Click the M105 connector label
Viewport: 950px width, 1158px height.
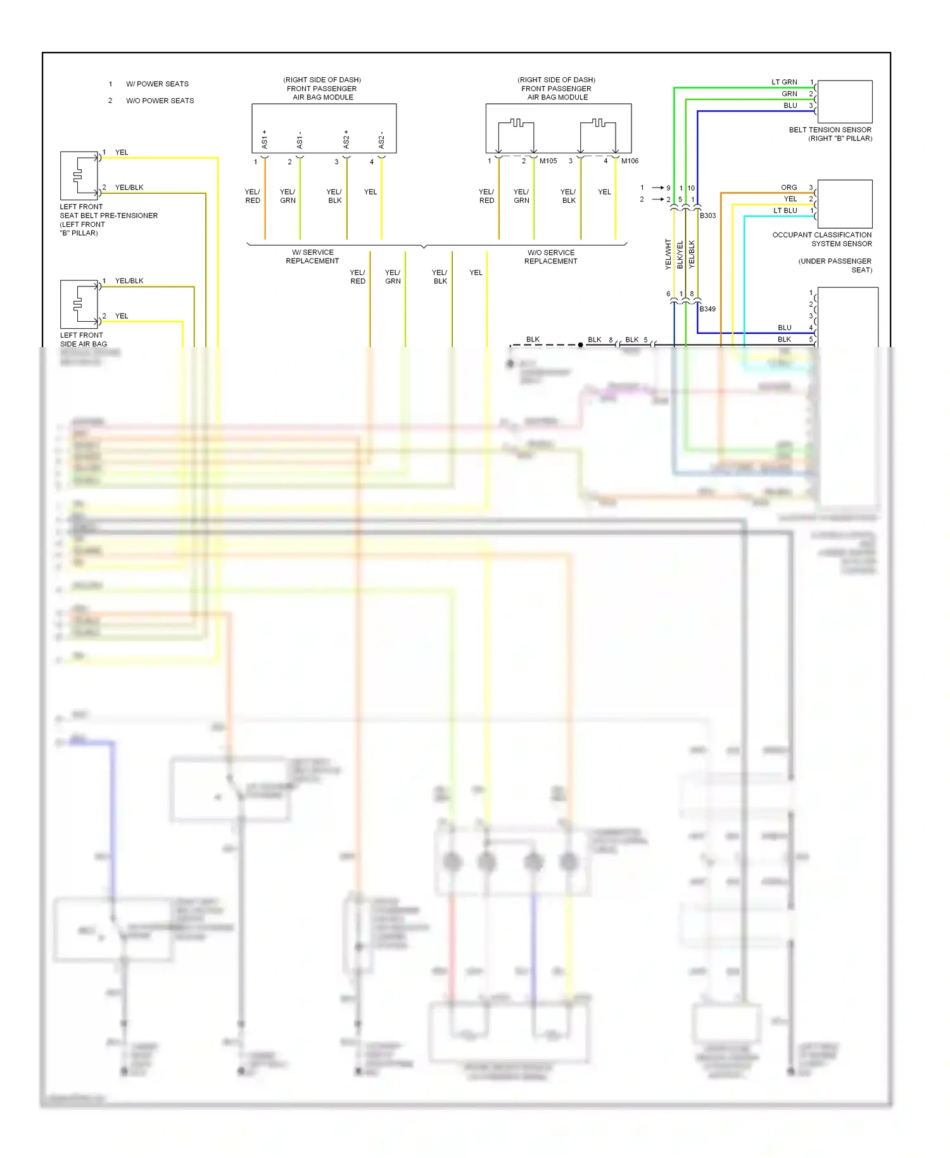pos(548,161)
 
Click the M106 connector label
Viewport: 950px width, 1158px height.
pos(630,161)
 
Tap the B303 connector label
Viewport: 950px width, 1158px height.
pos(707,215)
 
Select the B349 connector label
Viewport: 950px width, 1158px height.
pos(707,309)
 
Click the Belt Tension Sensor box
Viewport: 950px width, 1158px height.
pos(845,101)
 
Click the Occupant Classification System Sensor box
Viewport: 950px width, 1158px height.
pos(845,204)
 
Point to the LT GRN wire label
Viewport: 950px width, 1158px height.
pos(784,82)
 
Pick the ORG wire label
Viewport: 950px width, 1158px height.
pos(788,188)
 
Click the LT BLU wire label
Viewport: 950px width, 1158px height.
pos(785,210)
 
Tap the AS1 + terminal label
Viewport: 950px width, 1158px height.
pos(265,139)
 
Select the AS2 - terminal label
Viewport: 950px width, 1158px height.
pos(381,139)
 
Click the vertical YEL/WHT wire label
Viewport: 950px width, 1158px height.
pos(668,254)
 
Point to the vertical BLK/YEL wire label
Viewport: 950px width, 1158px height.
pos(680,254)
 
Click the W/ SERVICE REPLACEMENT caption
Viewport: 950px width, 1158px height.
pos(312,257)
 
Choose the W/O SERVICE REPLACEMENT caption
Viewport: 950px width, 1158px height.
pos(550,257)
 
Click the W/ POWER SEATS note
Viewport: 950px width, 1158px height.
pos(157,84)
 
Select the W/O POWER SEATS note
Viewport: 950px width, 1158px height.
pos(160,101)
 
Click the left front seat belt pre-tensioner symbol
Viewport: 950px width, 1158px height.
pos(79,175)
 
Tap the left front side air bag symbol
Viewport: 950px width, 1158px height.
pos(79,304)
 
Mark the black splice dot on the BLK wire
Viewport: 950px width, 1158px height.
pos(580,345)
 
